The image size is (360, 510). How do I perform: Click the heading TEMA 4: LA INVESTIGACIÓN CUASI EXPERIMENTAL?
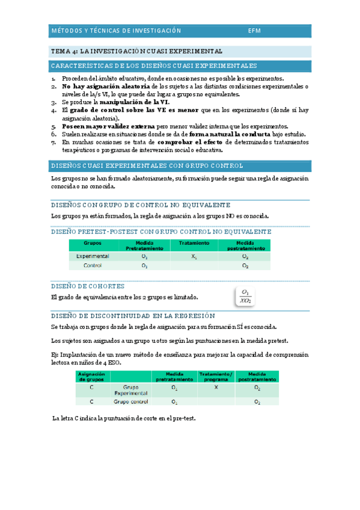point(136,52)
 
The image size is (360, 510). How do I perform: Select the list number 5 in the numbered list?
point(54,126)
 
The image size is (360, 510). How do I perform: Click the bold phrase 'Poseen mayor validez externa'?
point(108,126)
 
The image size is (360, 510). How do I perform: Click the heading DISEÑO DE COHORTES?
point(88,286)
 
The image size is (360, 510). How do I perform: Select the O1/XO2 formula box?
point(245,296)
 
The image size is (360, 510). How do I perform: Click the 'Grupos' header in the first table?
point(92,244)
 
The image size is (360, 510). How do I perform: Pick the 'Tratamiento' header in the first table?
point(194,244)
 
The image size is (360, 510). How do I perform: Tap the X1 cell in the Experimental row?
point(194,256)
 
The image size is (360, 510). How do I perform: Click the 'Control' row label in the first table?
point(93,265)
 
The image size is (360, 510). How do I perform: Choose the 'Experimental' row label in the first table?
point(93,256)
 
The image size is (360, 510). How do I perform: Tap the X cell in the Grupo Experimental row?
point(216,389)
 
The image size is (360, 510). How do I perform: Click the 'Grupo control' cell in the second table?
point(130,401)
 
